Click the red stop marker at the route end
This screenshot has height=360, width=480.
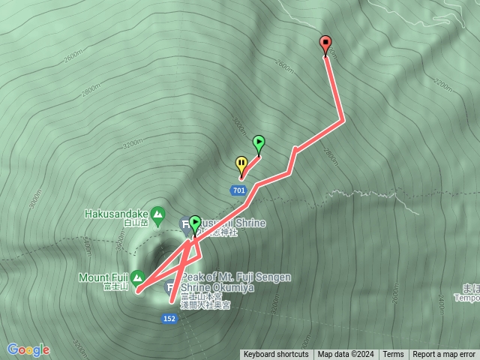point(325,43)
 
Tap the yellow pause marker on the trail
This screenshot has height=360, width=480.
point(241,163)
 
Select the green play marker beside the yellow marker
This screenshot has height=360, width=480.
point(259,142)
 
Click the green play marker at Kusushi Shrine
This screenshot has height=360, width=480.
point(195,223)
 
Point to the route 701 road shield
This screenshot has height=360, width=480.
point(239,190)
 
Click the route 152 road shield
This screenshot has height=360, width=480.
point(170,318)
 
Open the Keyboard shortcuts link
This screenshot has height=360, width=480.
point(276,355)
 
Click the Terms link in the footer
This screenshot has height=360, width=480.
point(393,355)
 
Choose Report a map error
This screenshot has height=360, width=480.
point(445,355)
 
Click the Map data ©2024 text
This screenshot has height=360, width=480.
point(345,355)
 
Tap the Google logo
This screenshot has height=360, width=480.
point(28,349)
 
